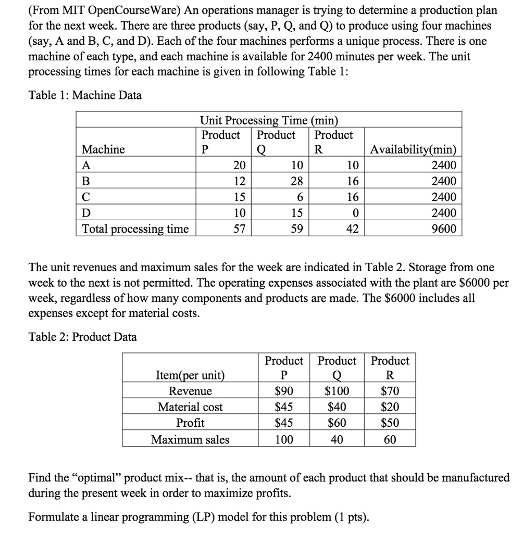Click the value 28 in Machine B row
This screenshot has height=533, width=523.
pos(296,181)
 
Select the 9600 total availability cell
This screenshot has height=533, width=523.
pos(444,229)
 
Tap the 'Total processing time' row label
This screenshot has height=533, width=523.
pos(135,229)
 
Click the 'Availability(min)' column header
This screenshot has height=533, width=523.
pos(413,150)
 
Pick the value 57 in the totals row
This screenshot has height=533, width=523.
pos(239,229)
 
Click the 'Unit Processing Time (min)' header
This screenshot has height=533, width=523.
pos(269,120)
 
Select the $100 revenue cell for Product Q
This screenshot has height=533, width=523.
pos(337,391)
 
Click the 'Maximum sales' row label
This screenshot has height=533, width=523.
pos(190,440)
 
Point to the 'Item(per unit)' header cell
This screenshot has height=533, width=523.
pos(190,375)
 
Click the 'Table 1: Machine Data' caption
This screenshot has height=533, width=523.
pos(85,95)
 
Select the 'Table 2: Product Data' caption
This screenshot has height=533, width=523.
pos(83,337)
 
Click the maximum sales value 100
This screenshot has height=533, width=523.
pos(284,440)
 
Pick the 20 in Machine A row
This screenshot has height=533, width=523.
pos(239,166)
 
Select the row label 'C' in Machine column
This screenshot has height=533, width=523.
pos(86,197)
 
